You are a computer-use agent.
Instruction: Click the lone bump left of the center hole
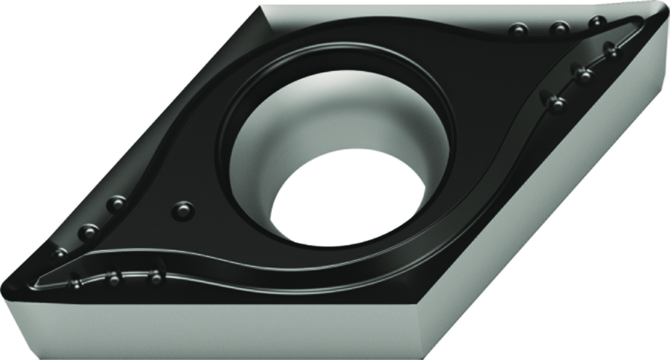pos(183,210)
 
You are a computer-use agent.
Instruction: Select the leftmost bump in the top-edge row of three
pos(519,30)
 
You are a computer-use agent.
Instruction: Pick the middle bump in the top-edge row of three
pos(559,27)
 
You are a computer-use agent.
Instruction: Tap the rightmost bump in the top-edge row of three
pos(597,22)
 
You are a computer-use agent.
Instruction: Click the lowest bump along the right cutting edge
pos(555,102)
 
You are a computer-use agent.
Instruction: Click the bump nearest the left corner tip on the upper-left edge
pos(60,253)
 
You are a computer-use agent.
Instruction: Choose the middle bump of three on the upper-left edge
pos(88,231)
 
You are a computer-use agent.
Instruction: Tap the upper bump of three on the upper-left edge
pos(116,204)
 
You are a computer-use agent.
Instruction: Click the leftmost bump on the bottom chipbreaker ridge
pos(75,283)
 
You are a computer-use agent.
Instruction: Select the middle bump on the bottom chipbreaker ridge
pos(114,279)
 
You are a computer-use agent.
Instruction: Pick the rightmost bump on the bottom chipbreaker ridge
pos(155,277)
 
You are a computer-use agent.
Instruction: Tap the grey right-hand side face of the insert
pos(576,196)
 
